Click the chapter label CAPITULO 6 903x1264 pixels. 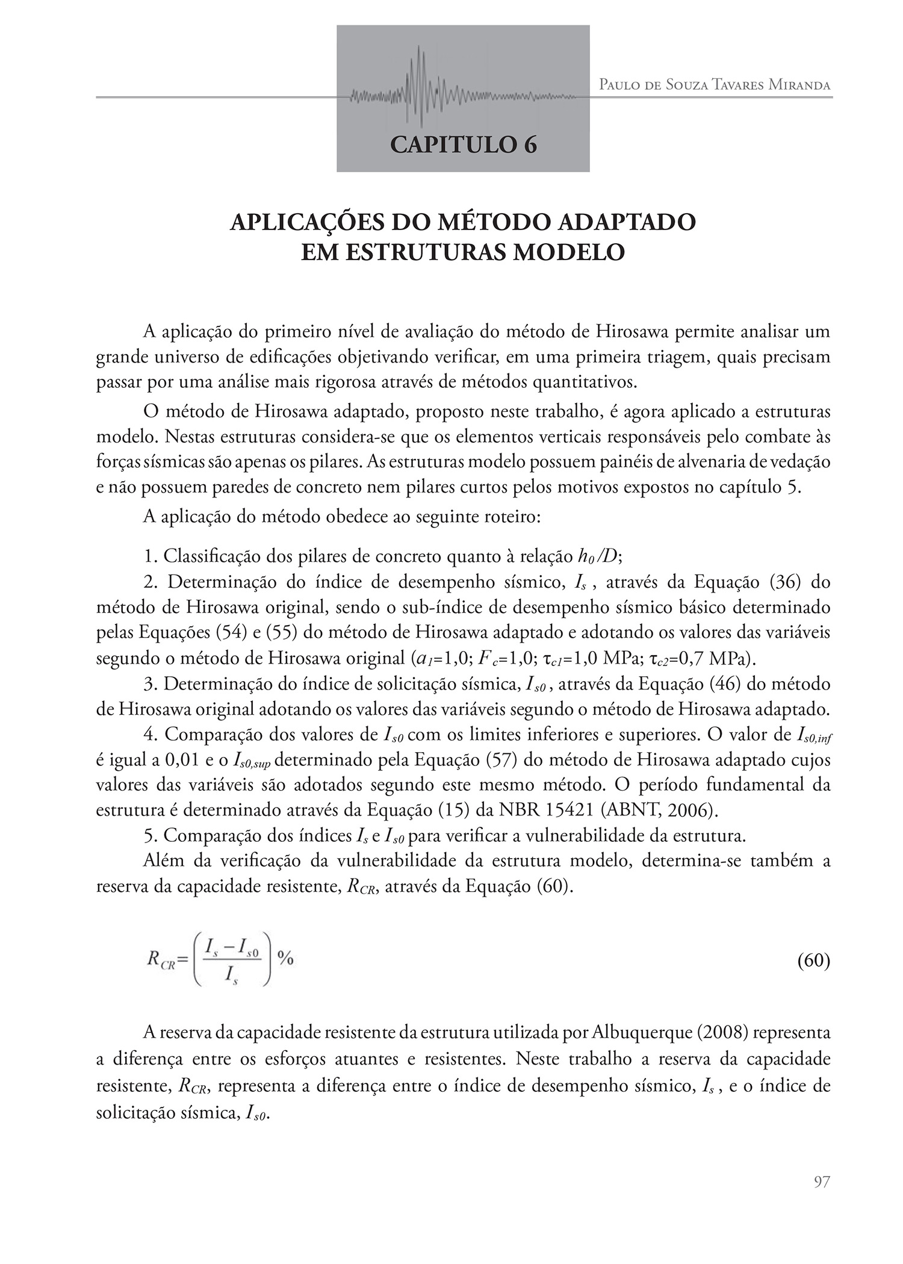[x=463, y=145]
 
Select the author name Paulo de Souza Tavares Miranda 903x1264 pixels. [x=715, y=85]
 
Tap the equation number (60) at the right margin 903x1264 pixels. [x=814, y=960]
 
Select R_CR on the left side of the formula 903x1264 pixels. [x=160, y=960]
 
